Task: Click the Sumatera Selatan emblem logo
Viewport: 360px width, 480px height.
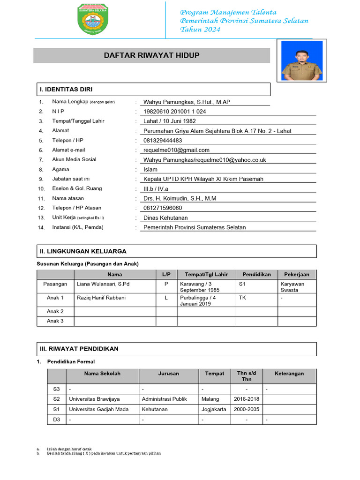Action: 98,19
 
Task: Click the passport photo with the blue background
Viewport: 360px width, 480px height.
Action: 302,60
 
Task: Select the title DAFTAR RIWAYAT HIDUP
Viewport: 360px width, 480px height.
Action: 151,55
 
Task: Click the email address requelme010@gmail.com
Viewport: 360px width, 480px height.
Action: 176,150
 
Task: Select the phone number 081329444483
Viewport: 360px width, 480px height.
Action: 163,140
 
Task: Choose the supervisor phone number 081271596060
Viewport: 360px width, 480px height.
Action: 163,208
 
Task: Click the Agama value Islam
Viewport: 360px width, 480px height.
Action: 150,169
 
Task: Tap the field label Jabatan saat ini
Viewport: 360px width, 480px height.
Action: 71,179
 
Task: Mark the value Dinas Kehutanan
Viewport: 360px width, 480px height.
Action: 165,217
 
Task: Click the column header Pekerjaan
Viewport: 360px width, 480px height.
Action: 297,274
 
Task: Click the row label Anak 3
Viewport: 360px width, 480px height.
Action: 55,321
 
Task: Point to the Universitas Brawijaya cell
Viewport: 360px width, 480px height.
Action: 94,399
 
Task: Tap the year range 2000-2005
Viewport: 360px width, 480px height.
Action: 246,409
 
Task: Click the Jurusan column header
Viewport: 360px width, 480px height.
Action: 168,374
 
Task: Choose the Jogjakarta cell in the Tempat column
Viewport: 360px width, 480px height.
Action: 214,409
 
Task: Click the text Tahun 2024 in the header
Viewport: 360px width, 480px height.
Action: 200,30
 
